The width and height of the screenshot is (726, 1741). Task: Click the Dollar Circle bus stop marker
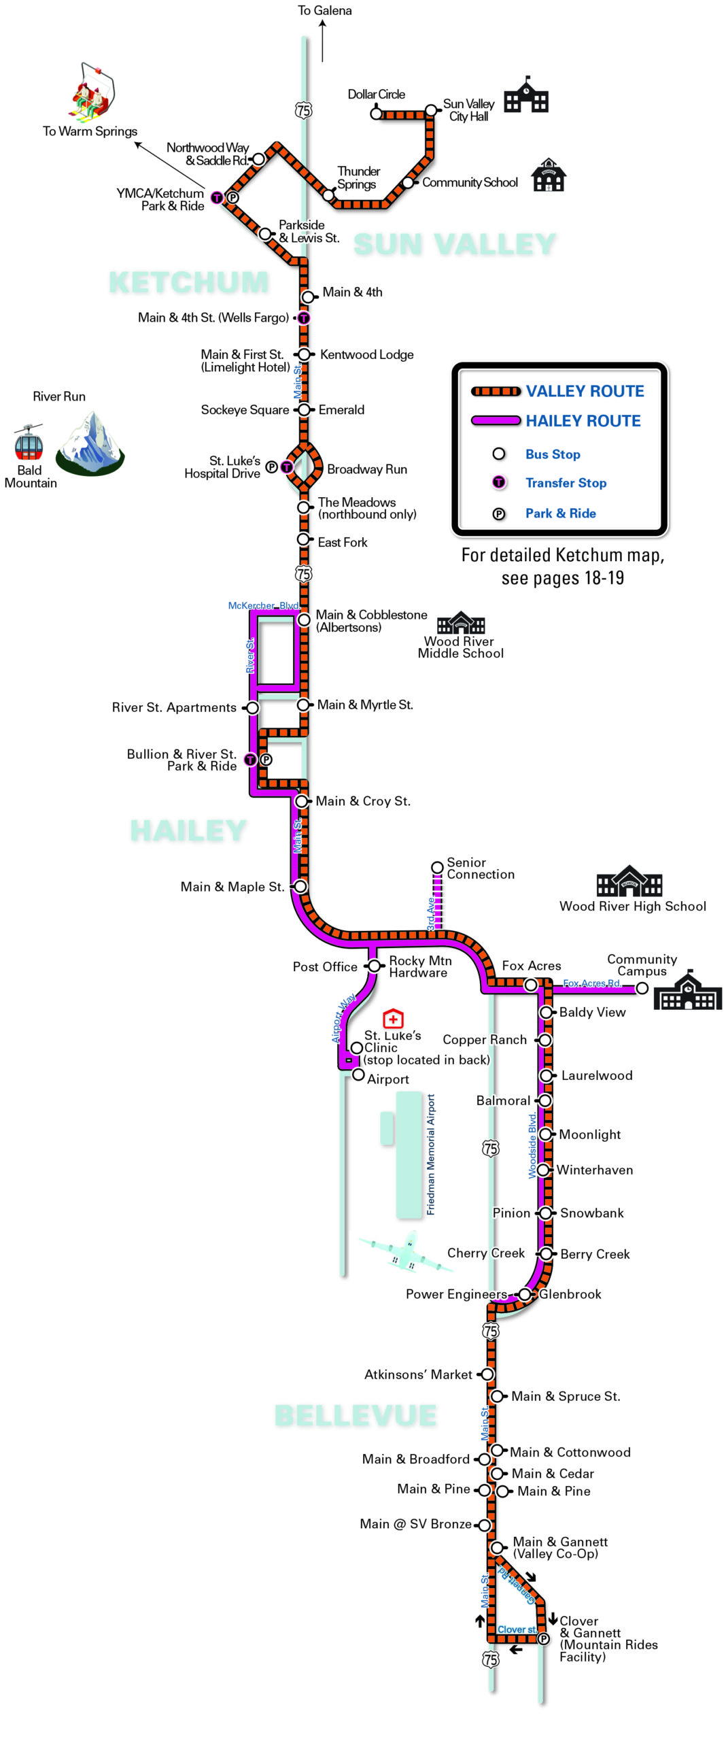376,114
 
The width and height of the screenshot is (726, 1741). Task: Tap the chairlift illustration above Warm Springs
92,93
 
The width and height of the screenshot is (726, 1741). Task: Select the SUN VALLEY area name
455,244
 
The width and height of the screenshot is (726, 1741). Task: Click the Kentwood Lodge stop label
366,354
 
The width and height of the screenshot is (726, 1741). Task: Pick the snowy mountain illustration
90,443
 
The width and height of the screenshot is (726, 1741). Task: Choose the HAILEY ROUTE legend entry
583,421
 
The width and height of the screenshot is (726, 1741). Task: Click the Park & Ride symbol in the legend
499,514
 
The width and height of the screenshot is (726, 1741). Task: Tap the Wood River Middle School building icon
461,622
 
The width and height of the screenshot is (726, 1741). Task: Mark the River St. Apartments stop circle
252,708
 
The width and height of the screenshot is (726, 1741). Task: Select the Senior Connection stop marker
438,867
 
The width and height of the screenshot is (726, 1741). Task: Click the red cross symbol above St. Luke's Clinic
393,1019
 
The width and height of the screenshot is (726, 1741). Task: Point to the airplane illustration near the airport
401,1251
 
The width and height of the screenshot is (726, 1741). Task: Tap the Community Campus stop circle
641,988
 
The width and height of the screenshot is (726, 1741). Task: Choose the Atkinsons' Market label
418,1374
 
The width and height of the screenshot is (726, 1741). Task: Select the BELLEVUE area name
356,1415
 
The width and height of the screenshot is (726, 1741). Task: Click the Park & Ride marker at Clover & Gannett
543,1639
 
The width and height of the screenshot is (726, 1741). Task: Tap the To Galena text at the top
325,11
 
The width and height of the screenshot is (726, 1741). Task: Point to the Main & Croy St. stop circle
301,801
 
